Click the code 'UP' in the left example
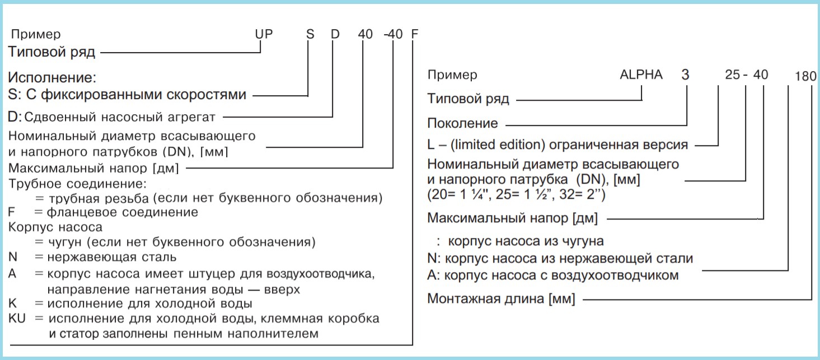tap(264, 34)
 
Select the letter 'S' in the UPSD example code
tap(310, 34)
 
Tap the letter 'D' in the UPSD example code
tap(335, 34)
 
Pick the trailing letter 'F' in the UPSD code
tap(414, 34)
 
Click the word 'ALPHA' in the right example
tap(641, 74)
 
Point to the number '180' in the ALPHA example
tap(805, 76)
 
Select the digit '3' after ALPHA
tap(685, 74)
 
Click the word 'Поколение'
tap(462, 123)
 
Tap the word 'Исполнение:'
tap(52, 77)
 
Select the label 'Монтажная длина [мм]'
tap(501, 299)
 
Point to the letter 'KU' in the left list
tap(17, 318)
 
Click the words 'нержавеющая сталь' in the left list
tap(111, 257)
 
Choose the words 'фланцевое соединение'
tap(122, 212)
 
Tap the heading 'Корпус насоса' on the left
tap(55, 227)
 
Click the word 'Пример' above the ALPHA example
tap(452, 74)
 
